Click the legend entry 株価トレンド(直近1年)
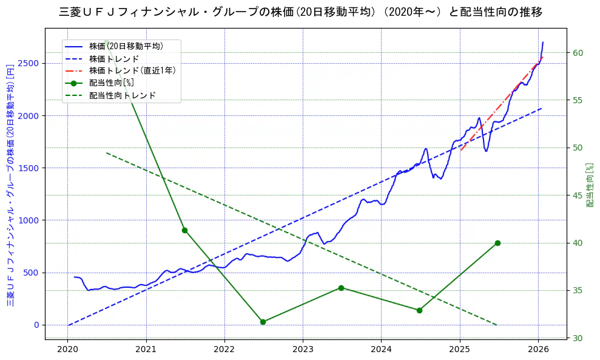[132, 70]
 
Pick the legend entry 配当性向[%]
[112, 83]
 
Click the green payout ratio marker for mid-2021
[184, 230]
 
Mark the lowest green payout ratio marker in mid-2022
[263, 322]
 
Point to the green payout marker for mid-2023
[341, 288]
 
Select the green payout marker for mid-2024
[419, 310]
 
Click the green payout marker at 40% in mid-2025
[497, 243]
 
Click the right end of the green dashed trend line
[497, 325]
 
